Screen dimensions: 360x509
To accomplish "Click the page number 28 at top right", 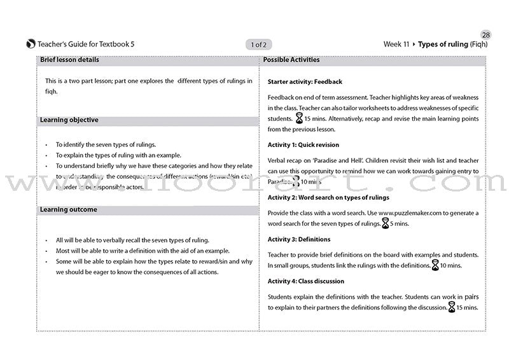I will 487,34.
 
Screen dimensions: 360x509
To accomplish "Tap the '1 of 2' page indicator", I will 259,45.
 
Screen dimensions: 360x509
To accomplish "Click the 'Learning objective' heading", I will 69,120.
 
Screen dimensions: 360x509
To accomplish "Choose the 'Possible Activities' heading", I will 291,60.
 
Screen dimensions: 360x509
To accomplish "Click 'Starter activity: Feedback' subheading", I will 305,82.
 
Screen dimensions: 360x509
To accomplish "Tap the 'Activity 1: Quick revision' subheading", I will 303,145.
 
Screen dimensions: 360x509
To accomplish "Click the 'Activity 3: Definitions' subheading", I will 299,239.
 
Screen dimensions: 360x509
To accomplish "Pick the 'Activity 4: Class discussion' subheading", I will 306,281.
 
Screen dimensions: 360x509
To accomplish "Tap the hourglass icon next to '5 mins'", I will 385,223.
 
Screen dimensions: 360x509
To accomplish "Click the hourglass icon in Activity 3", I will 435,265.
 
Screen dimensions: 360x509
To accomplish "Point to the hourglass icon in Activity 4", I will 452,308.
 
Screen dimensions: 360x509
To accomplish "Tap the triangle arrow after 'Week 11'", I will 414,45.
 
